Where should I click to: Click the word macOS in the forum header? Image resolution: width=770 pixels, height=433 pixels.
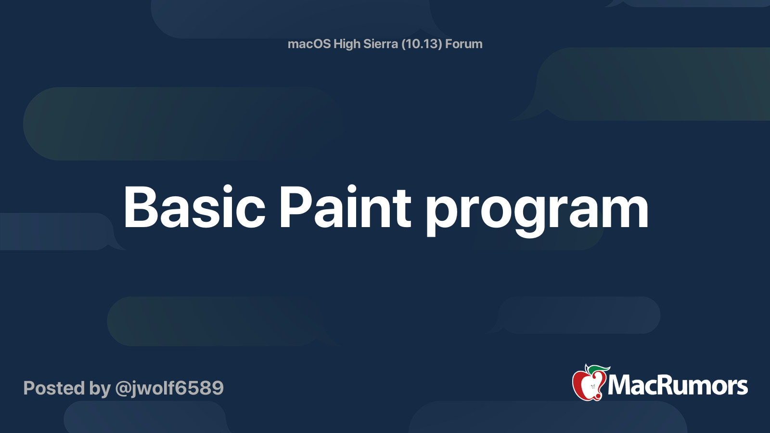[x=309, y=44]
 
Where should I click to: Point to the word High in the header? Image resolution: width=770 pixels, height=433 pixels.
[x=346, y=44]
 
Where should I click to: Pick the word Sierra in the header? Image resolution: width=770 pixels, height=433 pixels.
[x=380, y=44]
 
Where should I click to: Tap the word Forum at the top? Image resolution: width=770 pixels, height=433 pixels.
[x=463, y=44]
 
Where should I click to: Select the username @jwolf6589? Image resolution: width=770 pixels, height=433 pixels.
[x=169, y=388]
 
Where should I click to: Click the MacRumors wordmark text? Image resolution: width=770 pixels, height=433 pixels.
[x=678, y=386]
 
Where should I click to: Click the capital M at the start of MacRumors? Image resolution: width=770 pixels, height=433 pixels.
[x=620, y=386]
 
